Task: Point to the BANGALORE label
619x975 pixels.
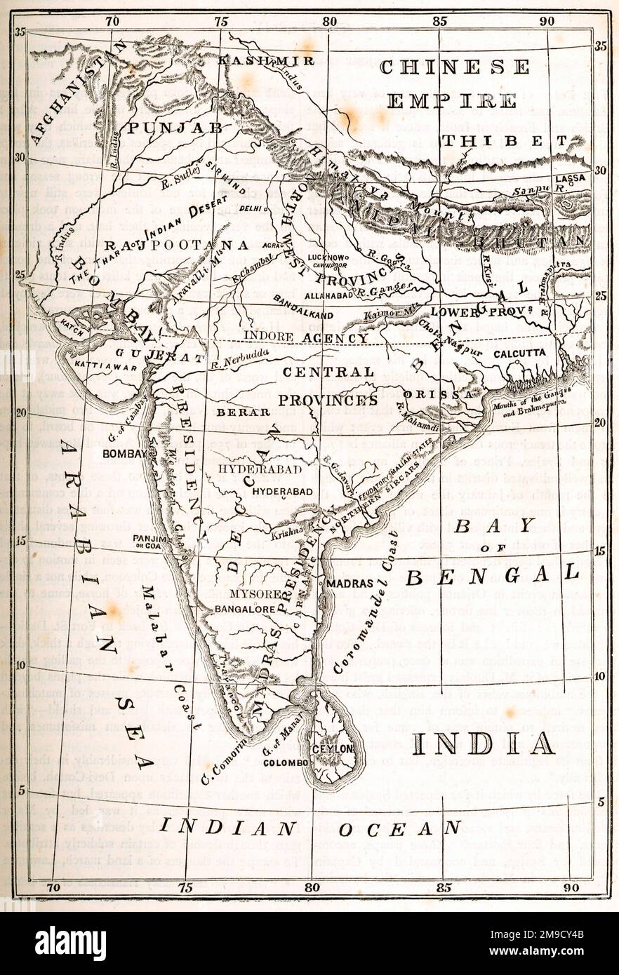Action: click(x=245, y=609)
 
